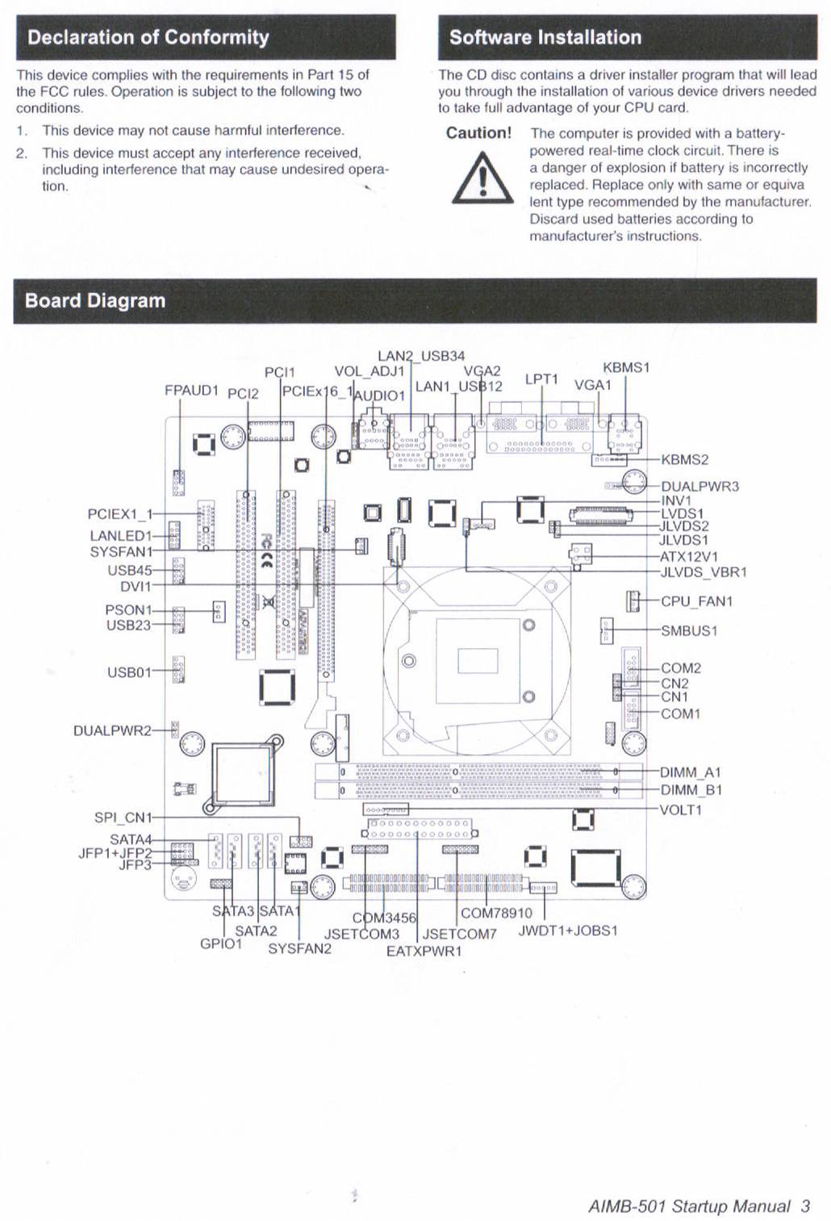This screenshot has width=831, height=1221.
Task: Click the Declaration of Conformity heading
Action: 148,37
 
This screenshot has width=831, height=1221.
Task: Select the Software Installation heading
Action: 545,37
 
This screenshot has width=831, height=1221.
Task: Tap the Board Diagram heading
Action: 95,301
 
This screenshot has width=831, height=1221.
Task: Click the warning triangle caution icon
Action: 482,178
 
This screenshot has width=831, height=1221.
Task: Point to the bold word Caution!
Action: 479,133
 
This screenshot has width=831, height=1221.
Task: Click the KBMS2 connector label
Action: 685,459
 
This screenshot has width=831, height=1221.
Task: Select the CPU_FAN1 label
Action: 697,601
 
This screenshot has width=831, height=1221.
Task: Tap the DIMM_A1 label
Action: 691,772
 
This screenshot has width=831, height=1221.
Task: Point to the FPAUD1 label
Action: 192,391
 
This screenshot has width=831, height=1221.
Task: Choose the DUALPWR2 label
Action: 112,730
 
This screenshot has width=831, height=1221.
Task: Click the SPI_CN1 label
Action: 123,817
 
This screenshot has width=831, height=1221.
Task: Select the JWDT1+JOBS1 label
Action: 568,930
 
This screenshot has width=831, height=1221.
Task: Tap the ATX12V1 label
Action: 689,557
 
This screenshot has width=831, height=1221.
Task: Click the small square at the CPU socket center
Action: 478,661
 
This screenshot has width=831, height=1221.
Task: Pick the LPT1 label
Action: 541,378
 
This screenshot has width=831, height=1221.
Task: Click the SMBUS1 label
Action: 689,630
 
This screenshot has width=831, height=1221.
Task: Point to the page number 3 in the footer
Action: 805,1206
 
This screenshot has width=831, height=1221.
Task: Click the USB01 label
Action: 129,673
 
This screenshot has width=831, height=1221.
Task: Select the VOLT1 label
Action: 681,809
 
